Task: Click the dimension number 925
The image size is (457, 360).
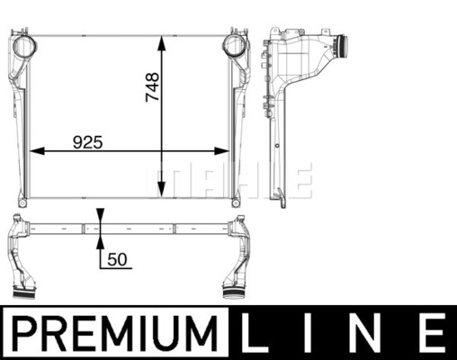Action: coord(88,142)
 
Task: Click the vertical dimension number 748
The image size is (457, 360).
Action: coord(152,87)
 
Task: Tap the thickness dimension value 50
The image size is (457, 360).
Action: coord(117,259)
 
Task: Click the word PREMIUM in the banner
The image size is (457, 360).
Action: coord(115,332)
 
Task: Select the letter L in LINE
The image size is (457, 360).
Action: coord(255,332)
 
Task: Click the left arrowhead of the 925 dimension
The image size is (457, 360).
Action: coord(37,151)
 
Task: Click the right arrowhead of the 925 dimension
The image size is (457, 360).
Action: coord(222,151)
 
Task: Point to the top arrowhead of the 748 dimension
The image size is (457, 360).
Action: coord(162,43)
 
